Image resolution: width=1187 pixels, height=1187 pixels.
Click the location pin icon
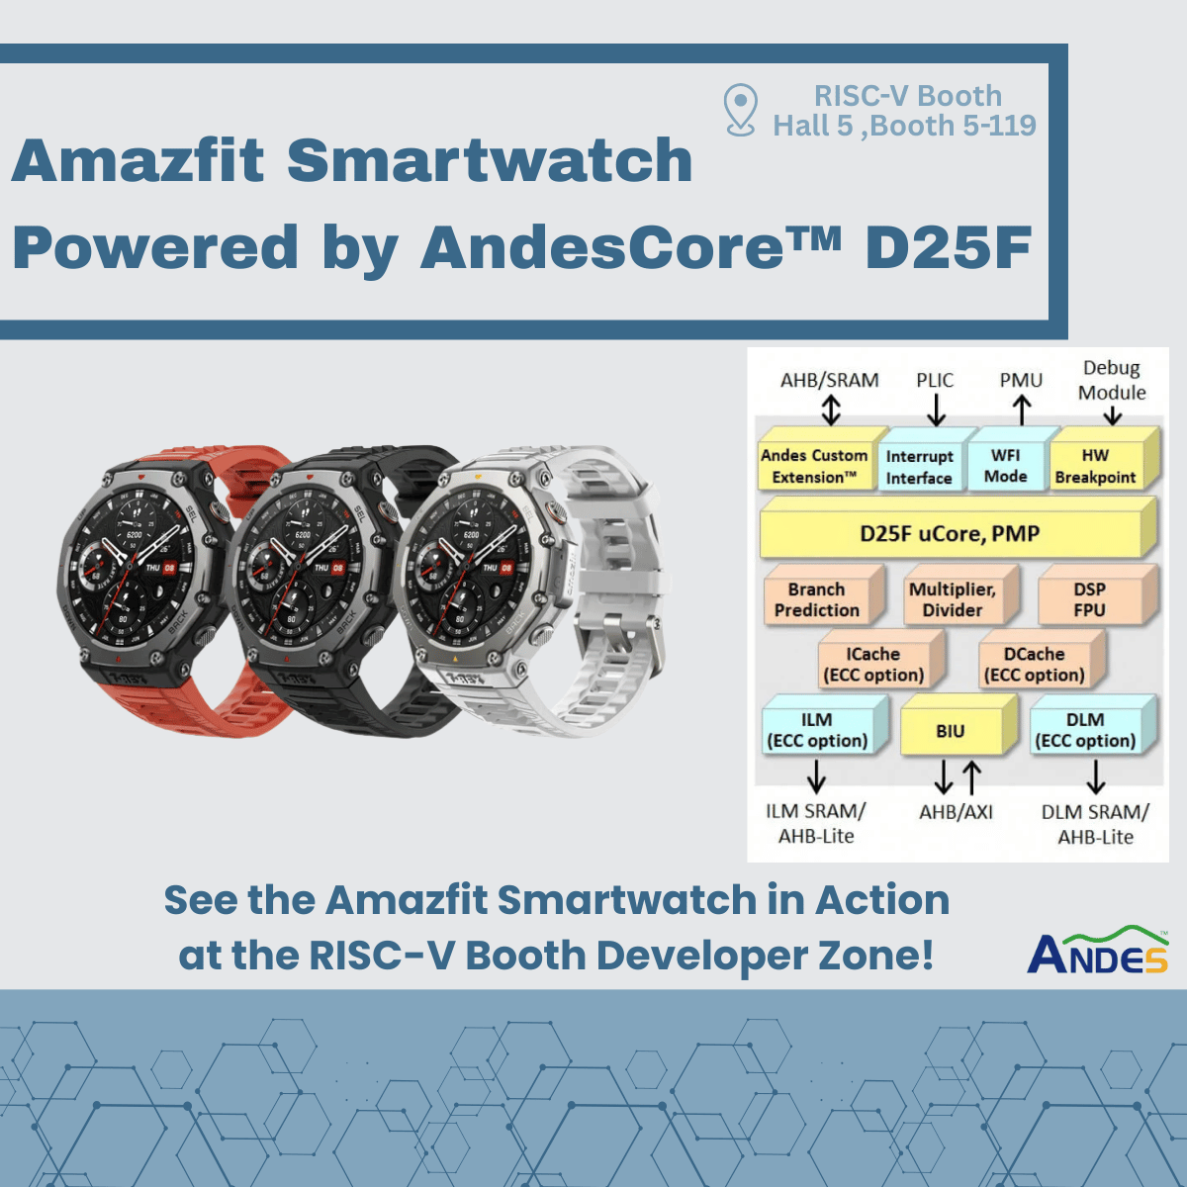pyautogui.click(x=740, y=109)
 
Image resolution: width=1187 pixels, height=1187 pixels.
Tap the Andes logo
pyautogui.click(x=1097, y=952)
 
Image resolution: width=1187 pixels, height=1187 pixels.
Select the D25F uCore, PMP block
pyautogui.click(x=951, y=534)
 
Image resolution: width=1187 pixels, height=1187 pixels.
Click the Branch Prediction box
pyautogui.click(x=817, y=599)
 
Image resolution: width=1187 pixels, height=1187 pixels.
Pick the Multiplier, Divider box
pyautogui.click(x=953, y=599)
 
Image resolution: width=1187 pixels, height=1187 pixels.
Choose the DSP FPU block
pyautogui.click(x=1089, y=599)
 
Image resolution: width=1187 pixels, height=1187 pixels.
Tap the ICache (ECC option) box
pyautogui.click(x=873, y=665)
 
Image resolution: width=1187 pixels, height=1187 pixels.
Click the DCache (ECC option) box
pyautogui.click(x=1034, y=665)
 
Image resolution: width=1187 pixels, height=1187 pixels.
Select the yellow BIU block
pyautogui.click(x=951, y=731)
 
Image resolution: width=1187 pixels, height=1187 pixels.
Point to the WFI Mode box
pyautogui.click(x=1005, y=466)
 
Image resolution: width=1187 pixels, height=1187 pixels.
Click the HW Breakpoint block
pyautogui.click(x=1095, y=466)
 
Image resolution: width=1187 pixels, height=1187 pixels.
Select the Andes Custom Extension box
pyautogui.click(x=814, y=466)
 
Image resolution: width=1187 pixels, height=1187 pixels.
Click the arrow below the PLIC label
pyautogui.click(x=936, y=409)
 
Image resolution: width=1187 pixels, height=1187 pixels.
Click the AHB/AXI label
pyautogui.click(x=956, y=812)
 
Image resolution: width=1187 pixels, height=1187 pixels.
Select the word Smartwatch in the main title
pyautogui.click(x=490, y=160)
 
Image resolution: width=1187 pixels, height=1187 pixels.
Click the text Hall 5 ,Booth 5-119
pyautogui.click(x=904, y=126)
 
